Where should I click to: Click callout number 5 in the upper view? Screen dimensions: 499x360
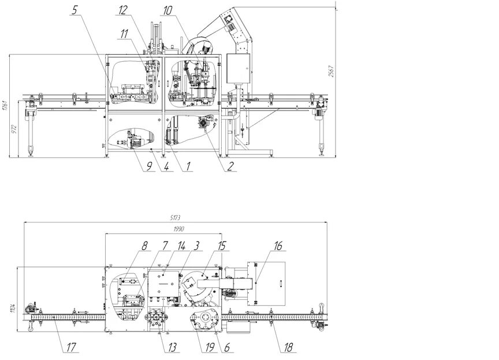[x=75, y=10]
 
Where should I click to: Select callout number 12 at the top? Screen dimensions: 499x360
[x=122, y=10]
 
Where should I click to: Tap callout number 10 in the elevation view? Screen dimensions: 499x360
[x=167, y=10]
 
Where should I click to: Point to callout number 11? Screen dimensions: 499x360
[x=125, y=34]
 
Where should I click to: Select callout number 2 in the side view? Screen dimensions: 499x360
[x=230, y=166]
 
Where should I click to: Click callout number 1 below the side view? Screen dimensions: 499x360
[x=187, y=166]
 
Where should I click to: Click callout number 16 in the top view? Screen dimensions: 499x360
[x=278, y=246]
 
